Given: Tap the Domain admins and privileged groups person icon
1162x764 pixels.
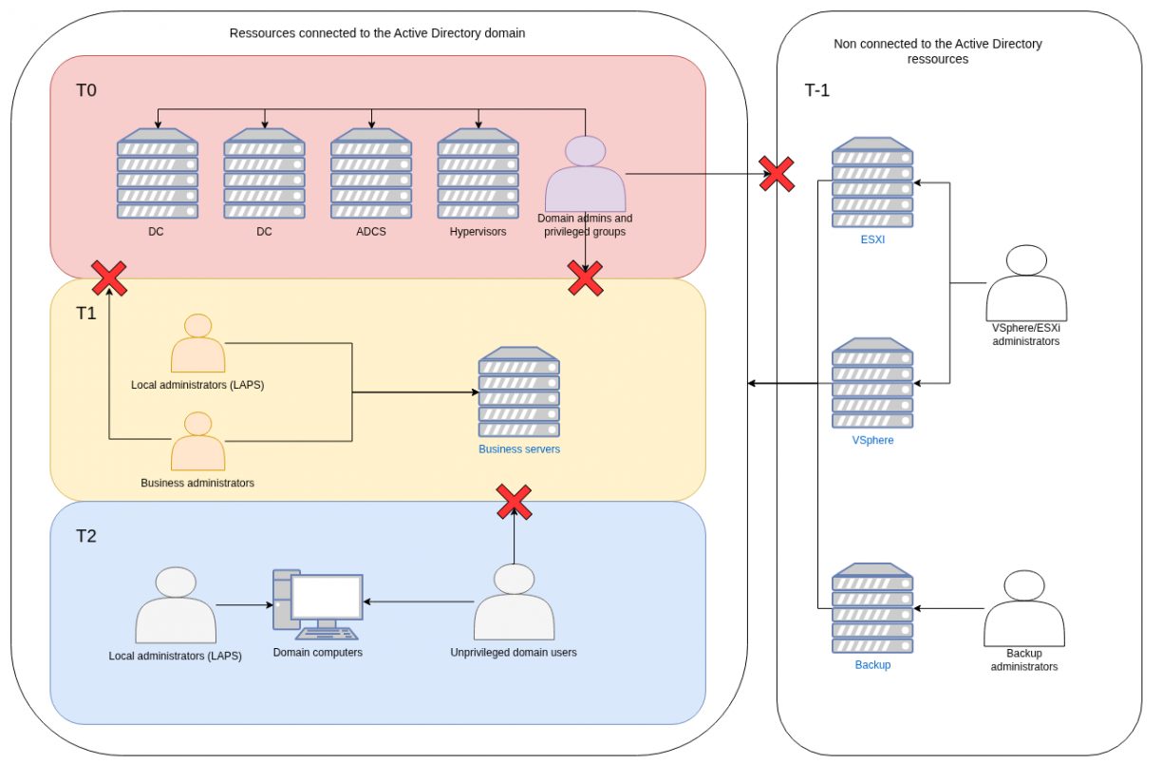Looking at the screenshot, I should pyautogui.click(x=585, y=175).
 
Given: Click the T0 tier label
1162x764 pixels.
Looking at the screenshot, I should pyautogui.click(x=86, y=91).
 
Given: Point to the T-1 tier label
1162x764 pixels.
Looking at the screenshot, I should pyautogui.click(x=817, y=91).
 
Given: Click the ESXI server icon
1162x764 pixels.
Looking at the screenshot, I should pyautogui.click(x=872, y=182).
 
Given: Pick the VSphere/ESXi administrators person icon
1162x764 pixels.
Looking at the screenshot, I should pyautogui.click(x=1025, y=283).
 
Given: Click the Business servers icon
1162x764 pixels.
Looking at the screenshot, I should pyautogui.click(x=518, y=392).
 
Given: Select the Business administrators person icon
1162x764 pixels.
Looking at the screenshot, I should pyautogui.click(x=197, y=442).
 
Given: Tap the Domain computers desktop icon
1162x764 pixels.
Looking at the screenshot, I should pyautogui.click(x=318, y=604).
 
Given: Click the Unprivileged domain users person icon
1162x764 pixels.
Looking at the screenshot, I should pyautogui.click(x=514, y=602).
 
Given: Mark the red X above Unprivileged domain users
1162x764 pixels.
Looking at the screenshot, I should pyautogui.click(x=514, y=502).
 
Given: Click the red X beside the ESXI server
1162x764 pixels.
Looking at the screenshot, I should pyautogui.click(x=777, y=174).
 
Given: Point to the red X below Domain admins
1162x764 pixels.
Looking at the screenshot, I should pyautogui.click(x=585, y=278).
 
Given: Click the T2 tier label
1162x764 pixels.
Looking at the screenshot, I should pyautogui.click(x=86, y=536).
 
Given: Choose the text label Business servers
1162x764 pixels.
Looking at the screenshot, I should pyautogui.click(x=518, y=449).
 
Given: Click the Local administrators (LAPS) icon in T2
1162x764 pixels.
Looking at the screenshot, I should pyautogui.click(x=176, y=605).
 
